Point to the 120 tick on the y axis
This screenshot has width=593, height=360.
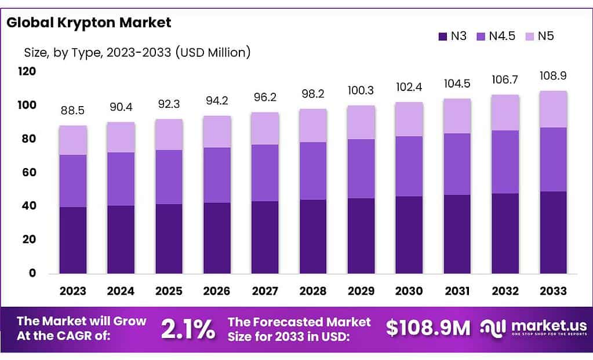pyautogui.click(x=27, y=71)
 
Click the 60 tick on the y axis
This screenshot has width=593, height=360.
pyautogui.click(x=30, y=172)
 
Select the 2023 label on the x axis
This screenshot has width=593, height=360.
pyautogui.click(x=72, y=290)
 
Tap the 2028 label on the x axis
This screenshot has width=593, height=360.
pyautogui.click(x=313, y=290)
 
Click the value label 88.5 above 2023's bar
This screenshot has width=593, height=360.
pyautogui.click(x=73, y=110)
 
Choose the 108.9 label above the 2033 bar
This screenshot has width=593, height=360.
pyautogui.click(x=554, y=76)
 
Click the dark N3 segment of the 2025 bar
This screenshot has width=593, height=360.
pyautogui.click(x=169, y=238)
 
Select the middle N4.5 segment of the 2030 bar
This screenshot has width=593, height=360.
pyautogui.click(x=409, y=166)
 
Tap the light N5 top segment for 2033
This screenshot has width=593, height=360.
pyautogui.click(x=554, y=109)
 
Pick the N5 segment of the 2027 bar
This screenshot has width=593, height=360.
pyautogui.click(x=265, y=128)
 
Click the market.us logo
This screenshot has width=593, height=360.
pyautogui.click(x=533, y=328)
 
